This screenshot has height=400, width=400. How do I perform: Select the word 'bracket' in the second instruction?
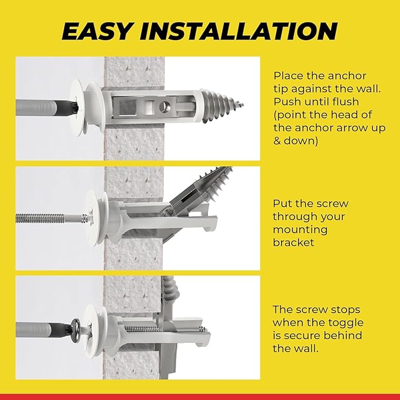click(x=293, y=243)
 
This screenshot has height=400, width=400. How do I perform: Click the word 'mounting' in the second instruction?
click(x=298, y=230)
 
